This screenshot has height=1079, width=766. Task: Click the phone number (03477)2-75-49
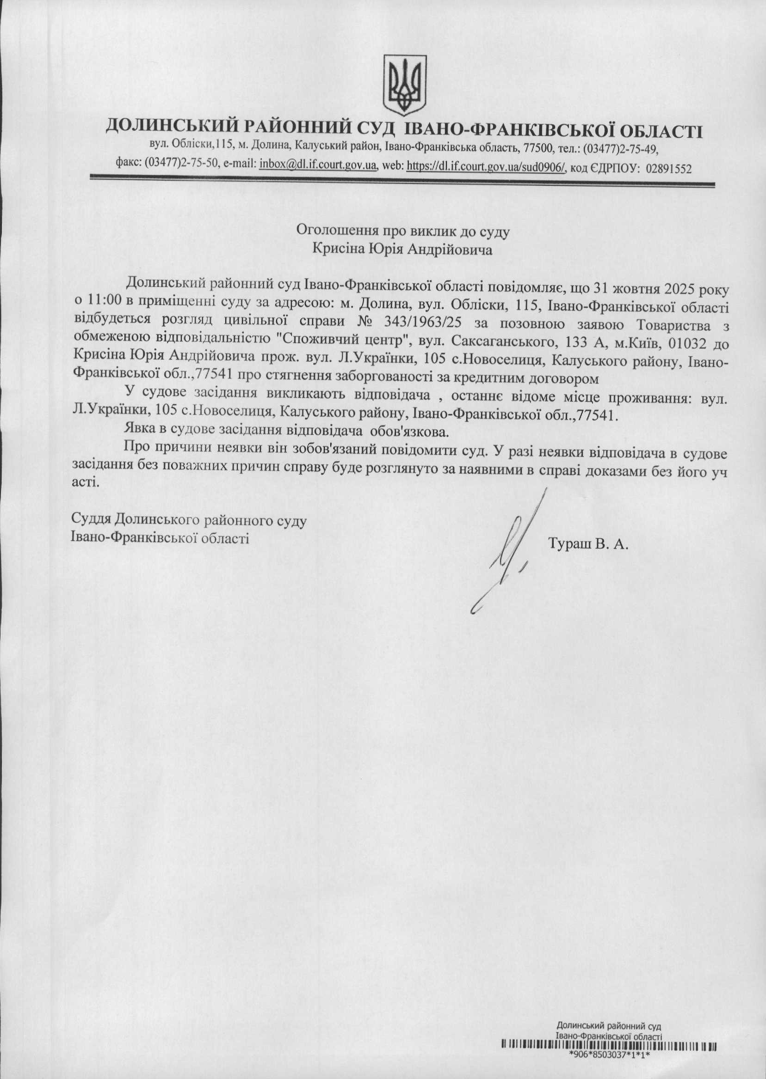(x=621, y=148)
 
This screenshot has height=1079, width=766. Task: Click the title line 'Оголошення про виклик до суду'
(x=403, y=231)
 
